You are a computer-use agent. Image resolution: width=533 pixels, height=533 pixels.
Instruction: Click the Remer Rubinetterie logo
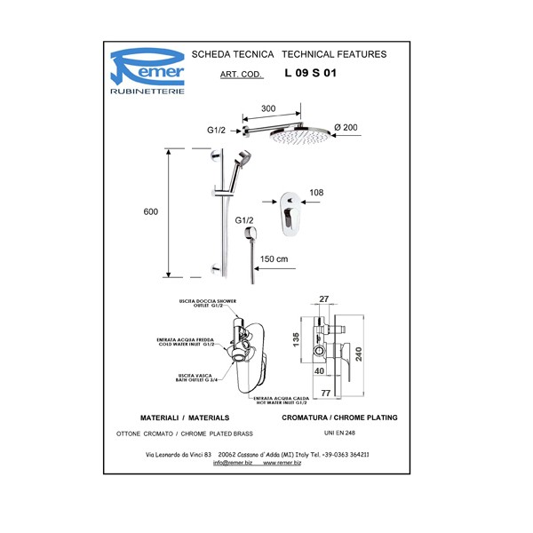point(147,72)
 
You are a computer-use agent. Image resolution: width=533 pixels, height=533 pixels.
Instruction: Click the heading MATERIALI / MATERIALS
point(186,417)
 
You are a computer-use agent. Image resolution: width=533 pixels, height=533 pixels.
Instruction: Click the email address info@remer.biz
point(233,463)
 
